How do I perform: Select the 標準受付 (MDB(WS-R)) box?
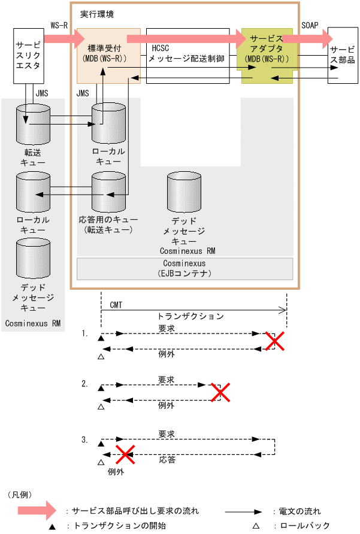pos(108,55)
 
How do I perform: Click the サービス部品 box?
pos(342,54)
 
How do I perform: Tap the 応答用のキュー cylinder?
pos(108,191)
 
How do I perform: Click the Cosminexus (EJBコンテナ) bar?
pos(184,268)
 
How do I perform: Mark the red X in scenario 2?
pos(220,392)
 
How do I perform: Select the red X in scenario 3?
pos(125,454)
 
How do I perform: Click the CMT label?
pos(116,305)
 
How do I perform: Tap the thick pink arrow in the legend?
pos(40,511)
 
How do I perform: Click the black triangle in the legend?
pos(52,526)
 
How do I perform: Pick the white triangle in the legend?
pos(256,526)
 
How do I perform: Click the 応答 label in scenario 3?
pos(167,460)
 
